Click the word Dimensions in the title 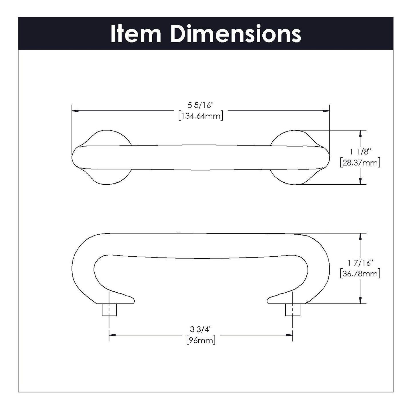(x=236, y=34)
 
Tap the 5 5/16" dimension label (x=200, y=105)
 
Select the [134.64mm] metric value (x=200, y=116)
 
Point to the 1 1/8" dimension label (x=360, y=151)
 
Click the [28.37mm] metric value (x=360, y=163)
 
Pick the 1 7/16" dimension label (x=360, y=262)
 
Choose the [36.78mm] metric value (x=360, y=274)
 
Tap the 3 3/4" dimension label (x=200, y=329)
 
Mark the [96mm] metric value (x=200, y=340)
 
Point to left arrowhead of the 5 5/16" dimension (x=75, y=111)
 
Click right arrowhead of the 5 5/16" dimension (x=326, y=111)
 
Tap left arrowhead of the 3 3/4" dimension (x=112, y=335)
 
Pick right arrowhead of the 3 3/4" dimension (x=289, y=335)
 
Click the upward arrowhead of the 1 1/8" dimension (x=361, y=133)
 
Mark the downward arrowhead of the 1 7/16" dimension (x=361, y=300)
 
